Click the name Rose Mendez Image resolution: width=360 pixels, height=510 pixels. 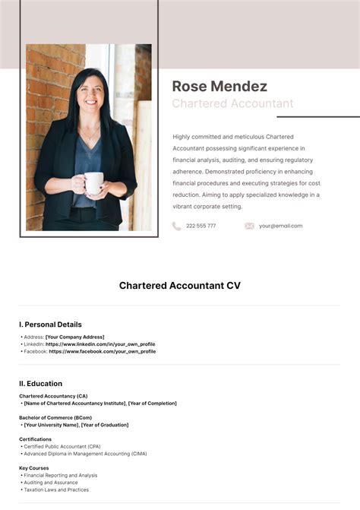point(219,86)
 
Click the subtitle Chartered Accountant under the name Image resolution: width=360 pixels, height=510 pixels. point(232,103)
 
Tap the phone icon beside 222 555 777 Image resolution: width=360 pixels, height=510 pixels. point(176,226)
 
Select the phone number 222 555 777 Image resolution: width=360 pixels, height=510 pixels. point(201,226)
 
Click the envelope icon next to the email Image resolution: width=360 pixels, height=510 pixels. point(249,226)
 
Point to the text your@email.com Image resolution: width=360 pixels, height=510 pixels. point(280,226)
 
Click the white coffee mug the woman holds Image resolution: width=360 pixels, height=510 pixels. point(93,182)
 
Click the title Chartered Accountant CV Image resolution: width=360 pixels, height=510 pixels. point(179,286)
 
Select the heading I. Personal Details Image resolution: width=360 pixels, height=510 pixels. point(50,325)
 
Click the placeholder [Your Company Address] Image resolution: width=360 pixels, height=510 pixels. point(74,337)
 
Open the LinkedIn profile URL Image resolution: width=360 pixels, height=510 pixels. point(100,344)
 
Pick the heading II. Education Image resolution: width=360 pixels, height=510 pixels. point(41,384)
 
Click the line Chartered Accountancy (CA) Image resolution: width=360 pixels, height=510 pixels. point(53,396)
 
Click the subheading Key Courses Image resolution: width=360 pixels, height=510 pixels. point(35,468)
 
